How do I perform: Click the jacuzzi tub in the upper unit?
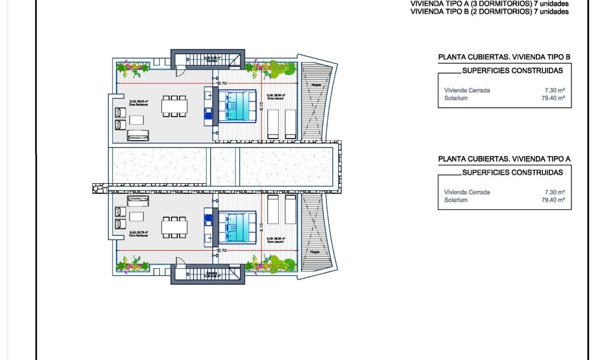tap(238, 106)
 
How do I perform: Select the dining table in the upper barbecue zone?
tap(175, 106)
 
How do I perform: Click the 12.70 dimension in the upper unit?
tap(221, 83)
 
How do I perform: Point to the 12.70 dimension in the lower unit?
tap(221, 250)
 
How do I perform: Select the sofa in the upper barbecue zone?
tap(138, 135)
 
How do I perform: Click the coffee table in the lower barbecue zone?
tap(137, 217)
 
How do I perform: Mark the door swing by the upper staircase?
tap(181, 72)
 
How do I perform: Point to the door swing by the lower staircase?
tap(181, 261)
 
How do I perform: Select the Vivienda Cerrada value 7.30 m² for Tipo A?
tap(555, 192)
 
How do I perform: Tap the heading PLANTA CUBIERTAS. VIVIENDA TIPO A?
tap(504, 159)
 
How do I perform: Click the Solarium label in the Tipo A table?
tap(456, 200)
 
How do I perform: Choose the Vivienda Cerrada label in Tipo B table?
tap(467, 90)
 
